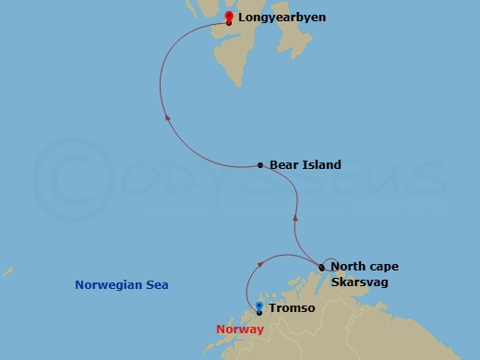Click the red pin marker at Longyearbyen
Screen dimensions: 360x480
(x=228, y=17)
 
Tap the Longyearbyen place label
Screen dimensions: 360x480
(x=282, y=18)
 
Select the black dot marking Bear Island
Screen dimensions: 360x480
(x=260, y=166)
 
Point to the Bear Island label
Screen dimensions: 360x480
(x=305, y=165)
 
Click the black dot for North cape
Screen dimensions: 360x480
(x=321, y=268)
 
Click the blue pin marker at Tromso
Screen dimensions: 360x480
(x=259, y=307)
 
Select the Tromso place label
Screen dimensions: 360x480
(x=292, y=307)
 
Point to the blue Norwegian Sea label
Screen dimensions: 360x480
(x=123, y=285)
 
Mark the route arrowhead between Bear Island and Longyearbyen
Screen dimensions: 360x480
(x=166, y=117)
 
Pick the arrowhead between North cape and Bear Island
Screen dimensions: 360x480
(x=295, y=219)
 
